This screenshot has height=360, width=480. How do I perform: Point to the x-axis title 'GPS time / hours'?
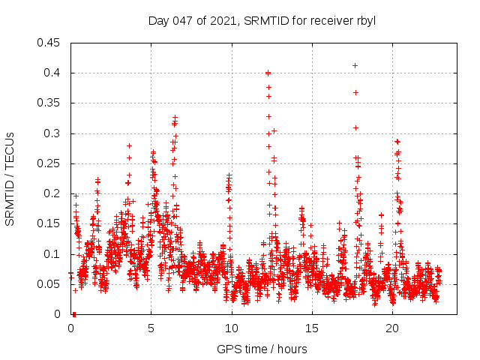pyautogui.click(x=262, y=349)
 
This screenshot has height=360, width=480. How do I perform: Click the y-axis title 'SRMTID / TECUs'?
pyautogui.click(x=10, y=178)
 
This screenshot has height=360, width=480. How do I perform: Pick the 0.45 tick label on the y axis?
pyautogui.click(x=49, y=43)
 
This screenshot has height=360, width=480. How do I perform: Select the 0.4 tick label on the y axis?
pyautogui.click(x=52, y=73)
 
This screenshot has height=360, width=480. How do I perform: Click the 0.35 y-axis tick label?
pyautogui.click(x=49, y=103)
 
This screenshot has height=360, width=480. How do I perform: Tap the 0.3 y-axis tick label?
pyautogui.click(x=52, y=133)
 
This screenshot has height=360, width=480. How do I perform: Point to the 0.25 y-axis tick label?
pyautogui.click(x=49, y=163)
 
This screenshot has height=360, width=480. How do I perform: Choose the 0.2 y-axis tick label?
pyautogui.click(x=52, y=193)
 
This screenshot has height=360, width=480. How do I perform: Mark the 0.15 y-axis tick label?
pyautogui.click(x=49, y=223)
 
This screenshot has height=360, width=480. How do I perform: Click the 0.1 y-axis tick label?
pyautogui.click(x=52, y=254)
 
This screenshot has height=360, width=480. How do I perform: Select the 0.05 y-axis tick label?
pyautogui.click(x=49, y=284)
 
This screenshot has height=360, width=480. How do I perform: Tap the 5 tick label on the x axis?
pyautogui.click(x=151, y=328)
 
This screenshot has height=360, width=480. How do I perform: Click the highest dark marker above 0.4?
pyautogui.click(x=355, y=65)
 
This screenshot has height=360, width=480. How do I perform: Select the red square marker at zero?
pyautogui.click(x=73, y=314)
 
